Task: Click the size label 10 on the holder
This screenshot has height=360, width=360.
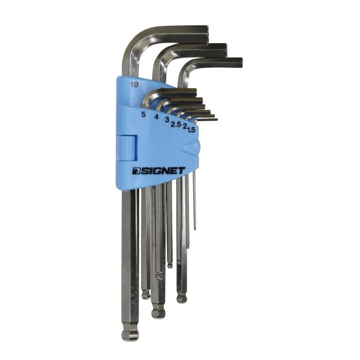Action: tap(134, 84)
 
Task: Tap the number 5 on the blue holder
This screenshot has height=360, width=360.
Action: tap(143, 115)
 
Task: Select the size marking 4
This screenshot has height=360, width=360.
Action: tap(157, 117)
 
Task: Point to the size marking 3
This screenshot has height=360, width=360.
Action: tap(167, 119)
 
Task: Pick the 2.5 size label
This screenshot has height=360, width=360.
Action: tap(176, 124)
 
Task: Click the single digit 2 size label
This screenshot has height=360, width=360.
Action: tap(184, 126)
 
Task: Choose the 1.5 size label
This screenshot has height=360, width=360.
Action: tap(191, 130)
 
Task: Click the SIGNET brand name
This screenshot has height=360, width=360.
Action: tap(163, 171)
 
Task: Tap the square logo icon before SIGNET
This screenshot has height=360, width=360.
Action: tap(136, 171)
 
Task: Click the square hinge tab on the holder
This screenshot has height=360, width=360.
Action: tap(127, 148)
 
